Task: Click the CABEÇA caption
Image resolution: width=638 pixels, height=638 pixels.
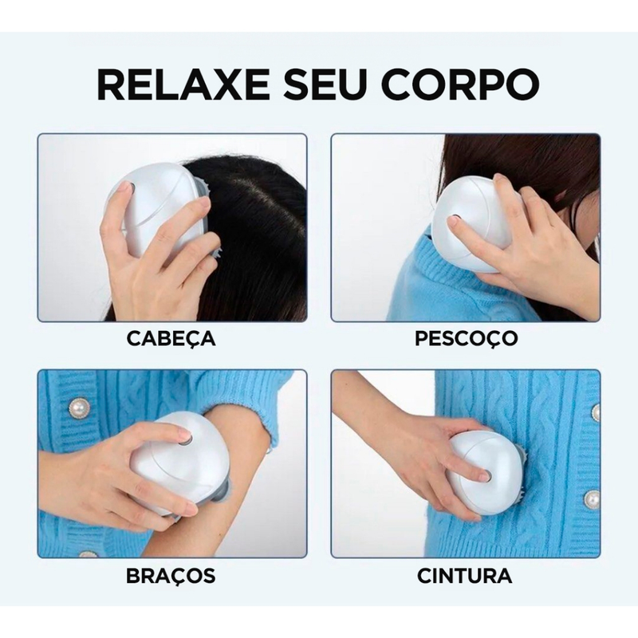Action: pyautogui.click(x=171, y=338)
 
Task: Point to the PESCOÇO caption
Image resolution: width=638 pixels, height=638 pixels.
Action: pyautogui.click(x=466, y=338)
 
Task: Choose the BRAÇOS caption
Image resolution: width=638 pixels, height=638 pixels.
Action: pyautogui.click(x=171, y=574)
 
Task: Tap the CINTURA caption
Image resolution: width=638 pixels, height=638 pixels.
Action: pyautogui.click(x=466, y=574)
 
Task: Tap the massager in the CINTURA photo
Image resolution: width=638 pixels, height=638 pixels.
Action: pyautogui.click(x=478, y=471)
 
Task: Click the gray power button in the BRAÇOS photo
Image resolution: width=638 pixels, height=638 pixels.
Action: pyautogui.click(x=184, y=438)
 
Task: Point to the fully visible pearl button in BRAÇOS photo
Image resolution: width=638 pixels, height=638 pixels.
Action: pyautogui.click(x=79, y=408)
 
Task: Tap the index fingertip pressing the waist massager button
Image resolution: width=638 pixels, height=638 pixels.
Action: pyautogui.click(x=482, y=477)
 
